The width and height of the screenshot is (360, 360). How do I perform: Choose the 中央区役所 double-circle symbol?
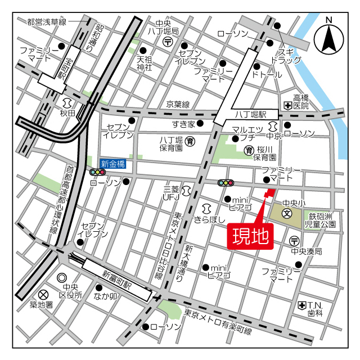(62, 278)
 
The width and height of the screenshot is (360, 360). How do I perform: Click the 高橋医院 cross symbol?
(287, 105)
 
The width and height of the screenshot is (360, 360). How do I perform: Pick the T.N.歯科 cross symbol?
(303, 305)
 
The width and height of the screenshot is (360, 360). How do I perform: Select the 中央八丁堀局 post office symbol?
(168, 42)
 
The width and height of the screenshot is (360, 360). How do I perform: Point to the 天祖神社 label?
(145, 63)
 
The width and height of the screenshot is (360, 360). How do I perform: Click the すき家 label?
(183, 124)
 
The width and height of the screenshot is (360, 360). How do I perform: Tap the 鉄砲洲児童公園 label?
(321, 220)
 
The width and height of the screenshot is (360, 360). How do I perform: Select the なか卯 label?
(105, 295)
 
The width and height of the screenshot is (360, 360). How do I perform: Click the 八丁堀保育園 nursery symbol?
(190, 141)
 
